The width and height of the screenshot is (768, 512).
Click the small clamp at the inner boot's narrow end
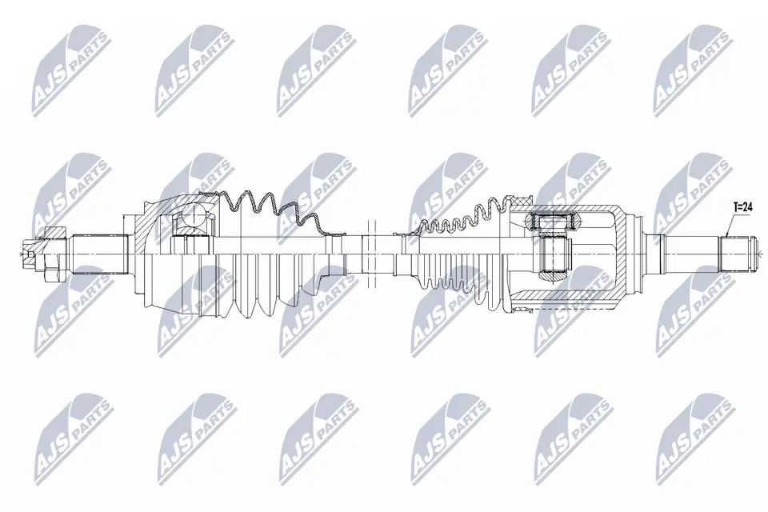403,233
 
